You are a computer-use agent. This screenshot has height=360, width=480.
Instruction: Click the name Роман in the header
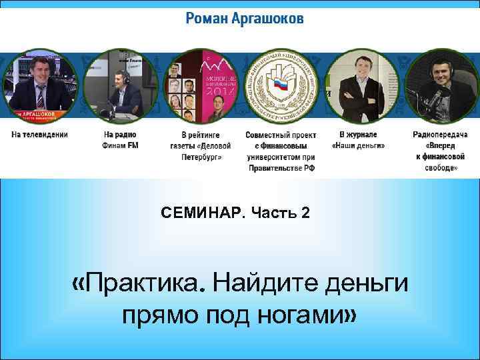pos(208,19)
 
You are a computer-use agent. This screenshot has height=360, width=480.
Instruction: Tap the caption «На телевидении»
pos(39,134)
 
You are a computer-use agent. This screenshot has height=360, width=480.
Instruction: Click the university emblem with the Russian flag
pos(281,83)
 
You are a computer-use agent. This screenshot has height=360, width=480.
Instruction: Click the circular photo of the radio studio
pos(120,83)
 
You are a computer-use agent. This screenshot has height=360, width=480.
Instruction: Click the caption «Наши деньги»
pos(358,145)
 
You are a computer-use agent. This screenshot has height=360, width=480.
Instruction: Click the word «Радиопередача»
pos(440,134)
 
